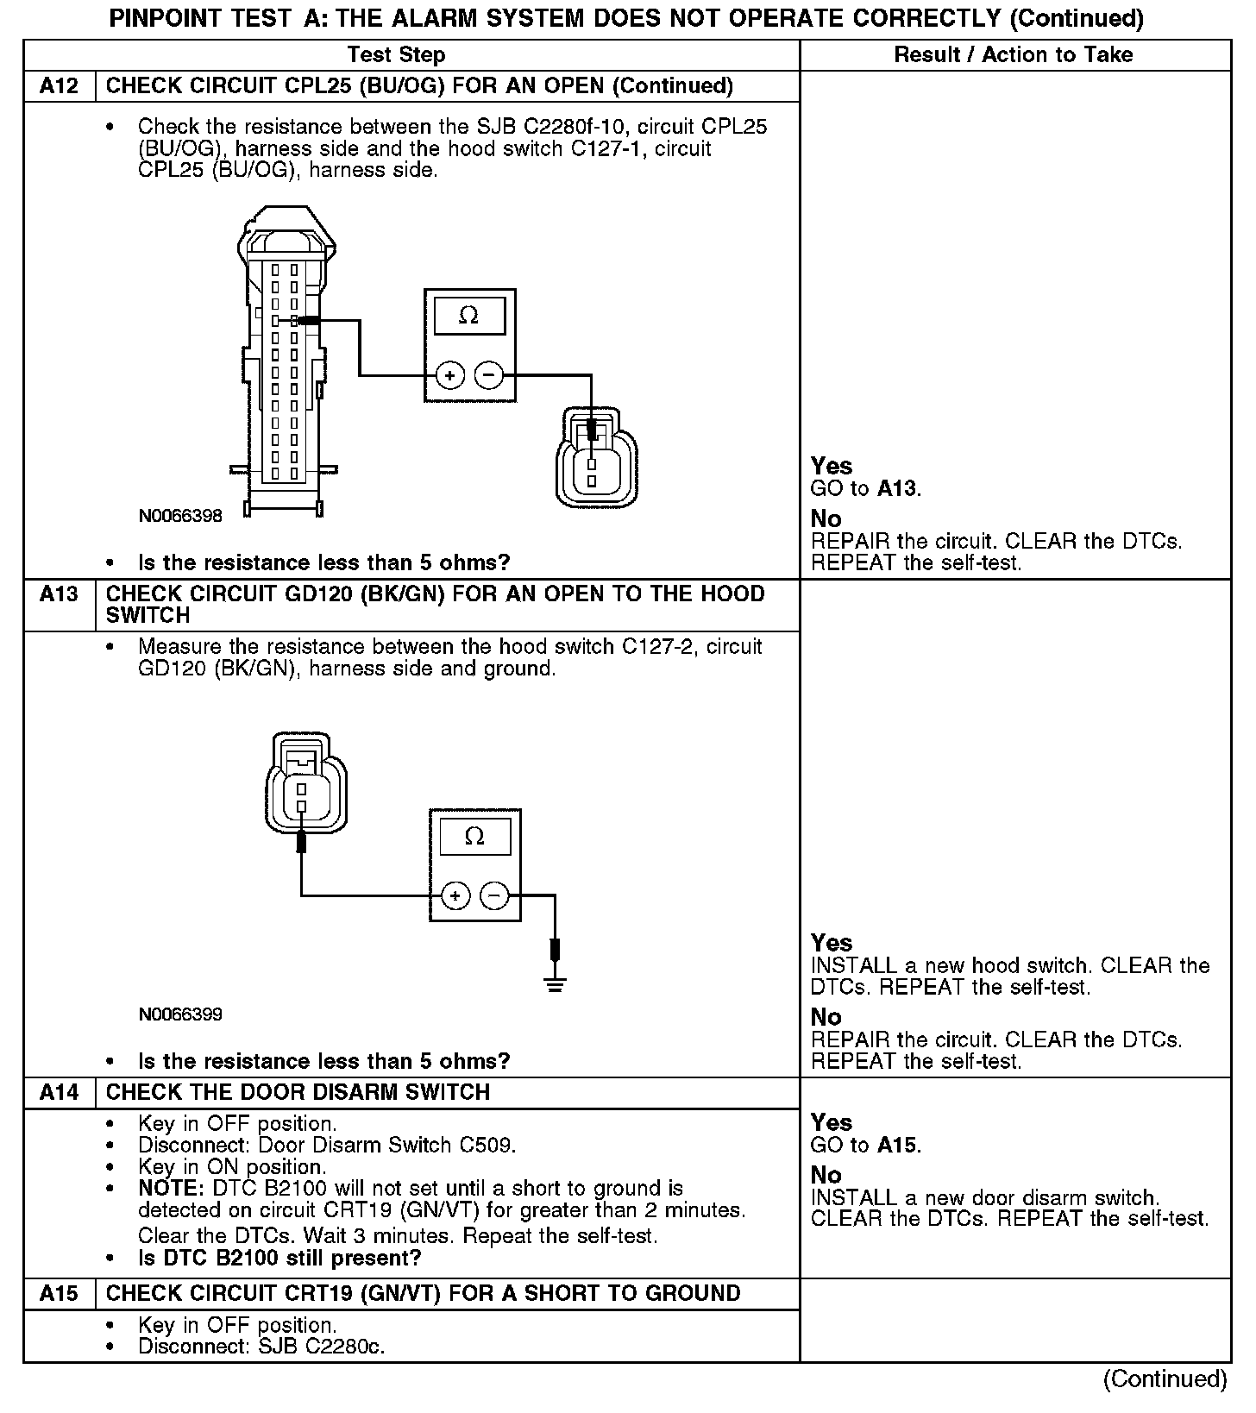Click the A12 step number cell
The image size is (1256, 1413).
(x=59, y=86)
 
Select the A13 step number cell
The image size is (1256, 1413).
(x=59, y=594)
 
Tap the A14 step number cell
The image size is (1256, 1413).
(x=59, y=1093)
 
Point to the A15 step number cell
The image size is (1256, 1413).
(x=59, y=1294)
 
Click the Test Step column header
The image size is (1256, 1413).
(x=396, y=55)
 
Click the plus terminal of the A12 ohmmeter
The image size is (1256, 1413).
(x=449, y=375)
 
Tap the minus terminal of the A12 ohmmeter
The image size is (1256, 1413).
(x=489, y=375)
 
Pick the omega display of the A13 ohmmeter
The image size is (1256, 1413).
(x=474, y=837)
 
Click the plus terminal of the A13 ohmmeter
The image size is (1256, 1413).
(x=455, y=896)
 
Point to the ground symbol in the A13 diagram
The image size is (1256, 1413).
(x=555, y=984)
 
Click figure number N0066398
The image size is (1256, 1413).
(x=180, y=516)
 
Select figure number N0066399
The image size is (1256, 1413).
(x=180, y=1014)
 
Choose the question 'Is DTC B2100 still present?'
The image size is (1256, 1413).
(x=279, y=1259)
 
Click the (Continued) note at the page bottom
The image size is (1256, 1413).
(x=1165, y=1379)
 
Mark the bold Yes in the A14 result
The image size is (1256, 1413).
(x=832, y=1123)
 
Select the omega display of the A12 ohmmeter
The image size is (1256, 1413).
(x=469, y=316)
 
